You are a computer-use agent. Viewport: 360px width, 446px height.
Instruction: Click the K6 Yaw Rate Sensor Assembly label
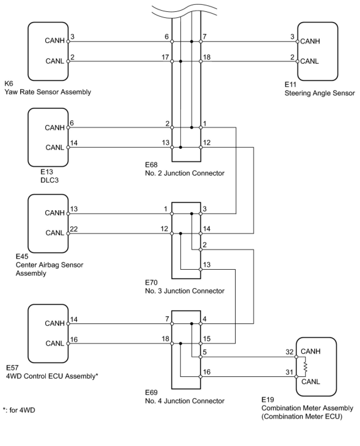coord(48,88)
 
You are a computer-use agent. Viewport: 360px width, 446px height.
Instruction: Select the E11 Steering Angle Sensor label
coord(320,89)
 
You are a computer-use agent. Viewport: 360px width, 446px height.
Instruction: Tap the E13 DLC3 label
coord(49,176)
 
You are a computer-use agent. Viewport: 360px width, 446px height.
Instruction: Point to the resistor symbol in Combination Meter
coord(305,367)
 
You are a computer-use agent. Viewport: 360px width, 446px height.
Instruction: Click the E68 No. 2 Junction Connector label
coord(184,169)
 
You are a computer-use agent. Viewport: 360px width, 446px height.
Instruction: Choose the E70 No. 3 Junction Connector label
coord(184,287)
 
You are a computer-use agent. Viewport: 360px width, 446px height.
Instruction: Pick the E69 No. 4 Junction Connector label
coord(184,397)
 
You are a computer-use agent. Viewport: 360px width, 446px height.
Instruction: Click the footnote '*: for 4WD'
coord(19,410)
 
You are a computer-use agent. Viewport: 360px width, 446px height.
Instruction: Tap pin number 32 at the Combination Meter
coord(289,352)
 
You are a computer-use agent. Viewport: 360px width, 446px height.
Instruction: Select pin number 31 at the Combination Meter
coord(289,372)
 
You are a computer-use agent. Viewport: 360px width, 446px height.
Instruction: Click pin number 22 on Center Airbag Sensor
coord(74,229)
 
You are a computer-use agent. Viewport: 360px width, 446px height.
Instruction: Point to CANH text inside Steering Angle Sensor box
coord(310,41)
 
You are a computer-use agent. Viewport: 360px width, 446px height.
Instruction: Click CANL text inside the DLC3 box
coord(55,147)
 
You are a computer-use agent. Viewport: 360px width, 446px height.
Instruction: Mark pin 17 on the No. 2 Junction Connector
coord(165,57)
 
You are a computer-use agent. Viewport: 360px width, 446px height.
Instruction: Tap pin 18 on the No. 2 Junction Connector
coord(206,57)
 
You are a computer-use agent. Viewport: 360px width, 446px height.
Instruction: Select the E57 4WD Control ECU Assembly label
coord(52,372)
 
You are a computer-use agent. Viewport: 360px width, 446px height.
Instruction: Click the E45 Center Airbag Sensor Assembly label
coord(49,265)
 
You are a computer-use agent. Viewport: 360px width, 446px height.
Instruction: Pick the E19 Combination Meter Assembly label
coord(307,408)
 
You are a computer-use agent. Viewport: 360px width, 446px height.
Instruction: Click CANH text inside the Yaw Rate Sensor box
coord(54,40)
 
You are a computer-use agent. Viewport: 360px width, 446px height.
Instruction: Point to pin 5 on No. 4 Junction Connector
coord(205,353)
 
